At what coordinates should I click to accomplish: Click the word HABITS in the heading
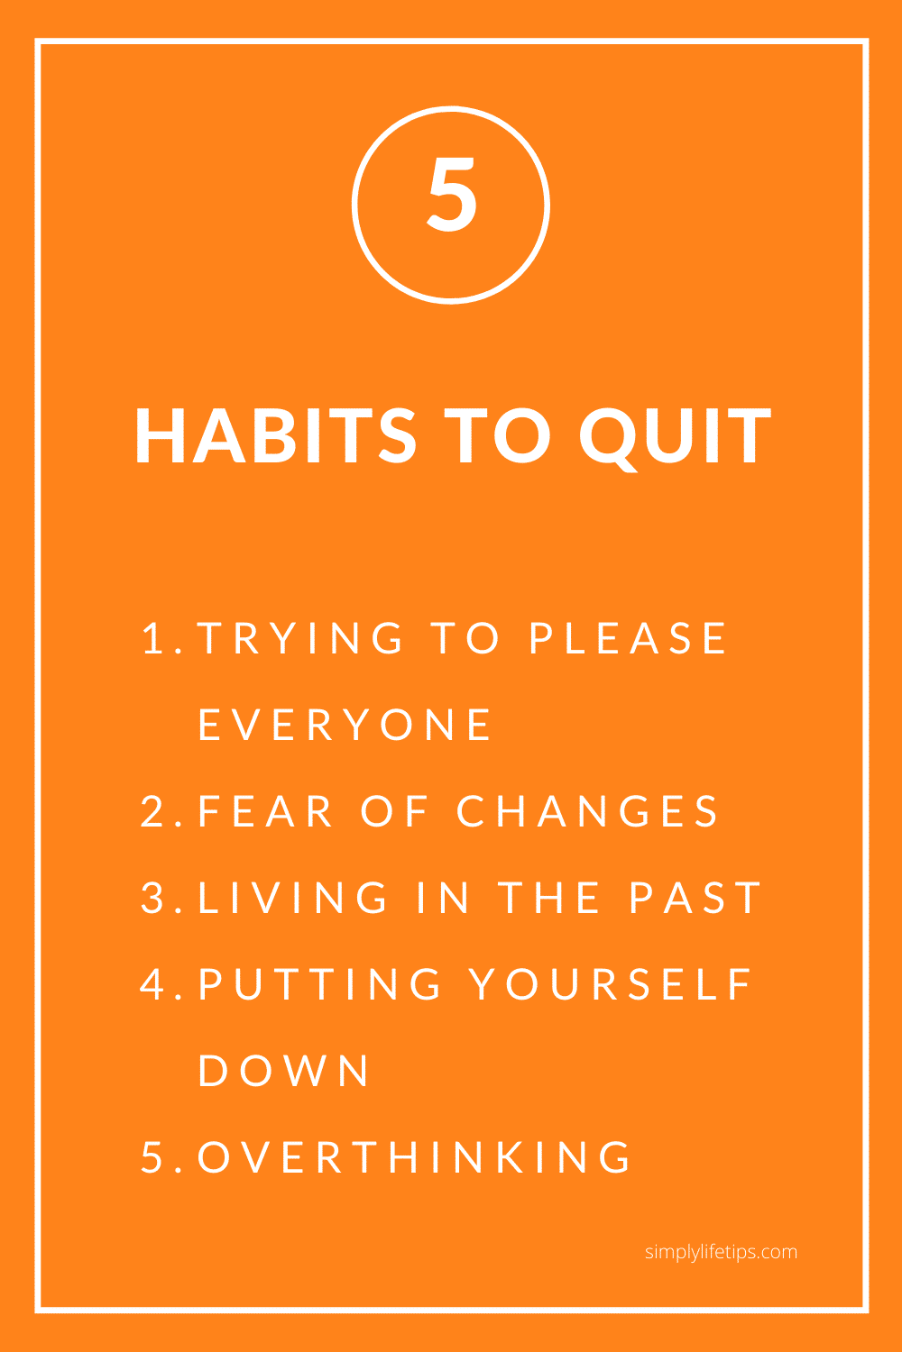[x=275, y=435]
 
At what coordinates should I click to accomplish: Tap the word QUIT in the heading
[x=675, y=438]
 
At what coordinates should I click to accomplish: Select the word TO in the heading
[x=497, y=435]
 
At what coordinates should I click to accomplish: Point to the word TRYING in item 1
[x=300, y=638]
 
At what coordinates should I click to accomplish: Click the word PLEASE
[x=628, y=638]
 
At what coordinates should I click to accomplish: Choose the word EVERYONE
[x=345, y=725]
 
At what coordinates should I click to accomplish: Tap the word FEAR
[x=265, y=810]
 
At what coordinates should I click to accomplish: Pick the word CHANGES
[x=586, y=810]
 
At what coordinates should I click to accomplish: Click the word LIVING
[x=292, y=897]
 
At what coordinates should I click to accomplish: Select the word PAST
[x=695, y=897]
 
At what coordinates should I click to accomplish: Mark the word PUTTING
[x=319, y=984]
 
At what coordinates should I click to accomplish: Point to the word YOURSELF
[x=610, y=984]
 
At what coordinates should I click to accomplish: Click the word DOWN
[x=282, y=1070]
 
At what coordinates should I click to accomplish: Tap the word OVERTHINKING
[x=414, y=1156]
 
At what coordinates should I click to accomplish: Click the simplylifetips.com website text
[x=721, y=1252]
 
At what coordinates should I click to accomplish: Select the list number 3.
[x=152, y=897]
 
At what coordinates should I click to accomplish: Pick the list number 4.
[x=152, y=984]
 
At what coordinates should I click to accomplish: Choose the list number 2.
[x=152, y=810]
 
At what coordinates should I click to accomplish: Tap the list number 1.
[x=153, y=638]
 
